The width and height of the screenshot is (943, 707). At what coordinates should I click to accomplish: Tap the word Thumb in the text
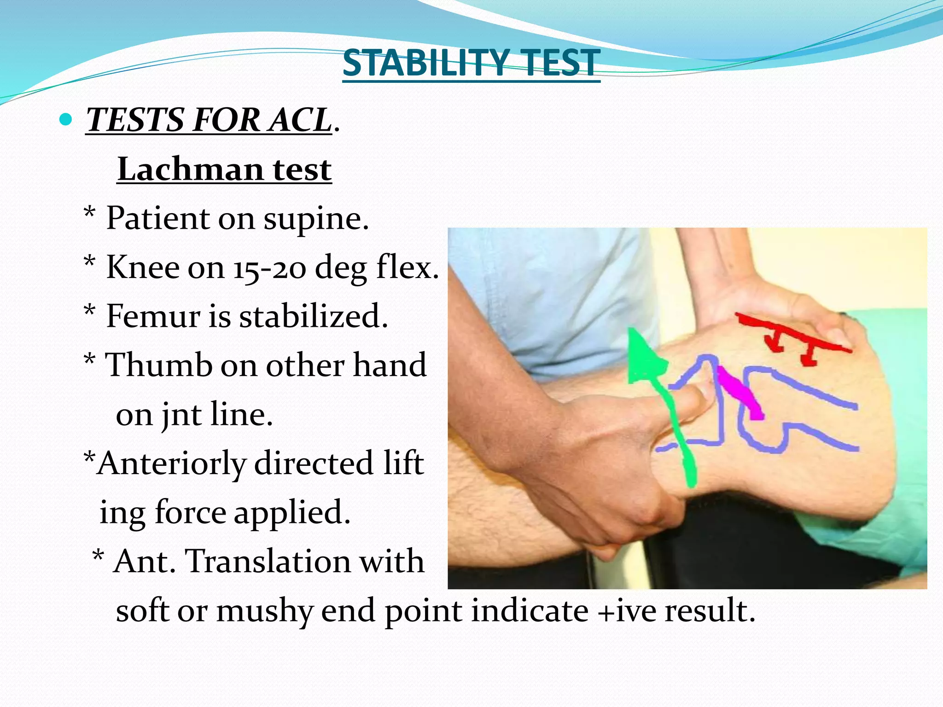159,365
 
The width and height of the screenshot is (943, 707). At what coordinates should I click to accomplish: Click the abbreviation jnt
181,414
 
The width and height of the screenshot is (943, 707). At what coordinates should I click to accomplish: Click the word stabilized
313,316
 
